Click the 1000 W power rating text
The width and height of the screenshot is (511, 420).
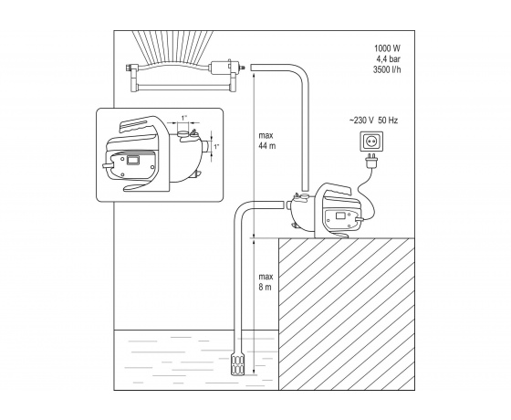coord(387,48)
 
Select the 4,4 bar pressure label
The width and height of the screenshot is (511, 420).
coord(389,59)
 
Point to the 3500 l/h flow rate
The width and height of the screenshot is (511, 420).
coord(387,69)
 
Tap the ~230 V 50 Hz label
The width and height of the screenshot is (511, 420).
coord(373,121)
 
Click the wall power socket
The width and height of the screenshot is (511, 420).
coord(371,142)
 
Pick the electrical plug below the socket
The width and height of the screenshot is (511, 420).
coord(371,161)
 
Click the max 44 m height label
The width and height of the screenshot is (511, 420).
coord(266,141)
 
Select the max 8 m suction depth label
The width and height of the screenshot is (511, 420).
coord(266,282)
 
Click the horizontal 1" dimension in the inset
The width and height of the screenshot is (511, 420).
coord(184,119)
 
